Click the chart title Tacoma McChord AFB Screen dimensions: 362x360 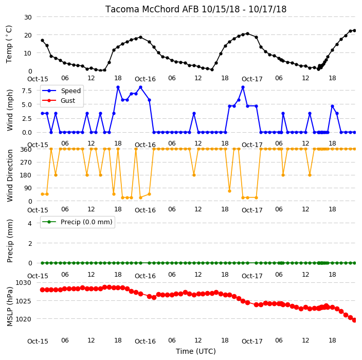pyautogui.click(x=152, y=9)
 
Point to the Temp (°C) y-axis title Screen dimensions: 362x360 pyautogui.click(x=9, y=44)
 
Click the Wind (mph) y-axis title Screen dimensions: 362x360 pyautogui.click(x=10, y=110)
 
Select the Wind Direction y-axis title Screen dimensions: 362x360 pyautogui.click(x=10, y=176)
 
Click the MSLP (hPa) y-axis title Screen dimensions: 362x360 pyautogui.click(x=10, y=307)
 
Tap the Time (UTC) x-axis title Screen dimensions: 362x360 pyautogui.click(x=196, y=351)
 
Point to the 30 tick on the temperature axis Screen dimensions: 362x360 pyautogui.click(x=28, y=17)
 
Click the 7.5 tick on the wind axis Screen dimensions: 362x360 pyautogui.click(x=27, y=91)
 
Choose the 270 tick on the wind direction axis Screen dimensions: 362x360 pyautogui.click(x=26, y=163)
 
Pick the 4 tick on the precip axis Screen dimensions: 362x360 pyautogui.click(x=30, y=223)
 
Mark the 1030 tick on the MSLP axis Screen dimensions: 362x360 pyautogui.click(x=23, y=283)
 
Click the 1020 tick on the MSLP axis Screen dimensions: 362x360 pyautogui.click(x=23, y=319)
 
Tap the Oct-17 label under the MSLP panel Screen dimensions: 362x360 pyautogui.click(x=252, y=341)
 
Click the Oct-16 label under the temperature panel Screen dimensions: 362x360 pyautogui.click(x=145, y=79)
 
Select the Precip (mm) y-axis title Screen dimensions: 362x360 pyautogui.click(x=10, y=241)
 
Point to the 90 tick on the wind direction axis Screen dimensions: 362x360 pyautogui.click(x=28, y=188)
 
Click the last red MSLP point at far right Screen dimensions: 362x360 pyautogui.click(x=355, y=320)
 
